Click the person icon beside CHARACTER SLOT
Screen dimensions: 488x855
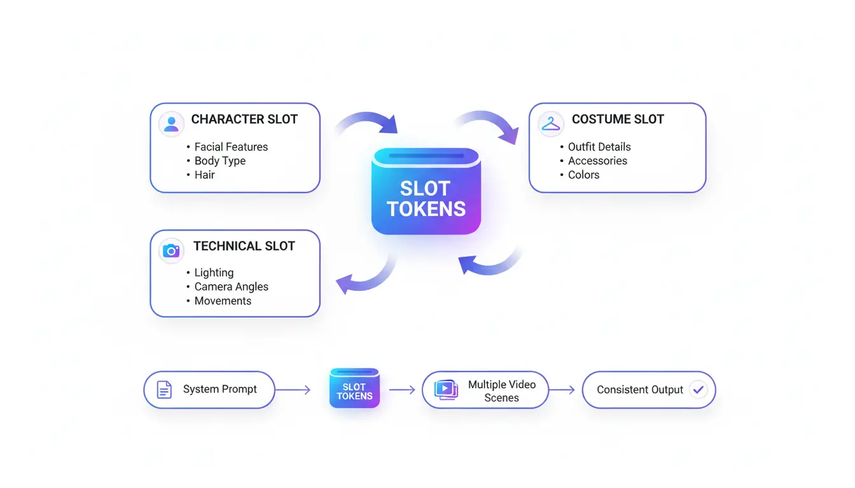pos(171,123)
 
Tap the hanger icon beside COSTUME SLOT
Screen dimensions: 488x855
pos(550,123)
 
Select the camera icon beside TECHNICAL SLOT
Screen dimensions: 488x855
pos(171,250)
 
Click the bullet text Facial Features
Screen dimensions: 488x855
pos(231,147)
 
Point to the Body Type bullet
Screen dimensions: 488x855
pos(219,161)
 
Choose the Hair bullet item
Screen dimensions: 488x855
pos(204,175)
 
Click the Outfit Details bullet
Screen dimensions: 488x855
pos(599,147)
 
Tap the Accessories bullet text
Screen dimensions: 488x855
pos(597,161)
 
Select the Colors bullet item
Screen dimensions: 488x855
pos(583,175)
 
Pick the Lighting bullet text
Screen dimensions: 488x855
pos(214,273)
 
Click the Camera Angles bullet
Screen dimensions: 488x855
pos(231,287)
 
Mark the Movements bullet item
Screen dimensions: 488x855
pos(223,301)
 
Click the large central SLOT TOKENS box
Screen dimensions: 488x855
pos(426,191)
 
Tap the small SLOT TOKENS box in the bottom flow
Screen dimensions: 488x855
pos(354,388)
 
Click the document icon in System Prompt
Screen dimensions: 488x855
pos(164,390)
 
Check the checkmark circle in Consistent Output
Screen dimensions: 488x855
pos(699,390)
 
